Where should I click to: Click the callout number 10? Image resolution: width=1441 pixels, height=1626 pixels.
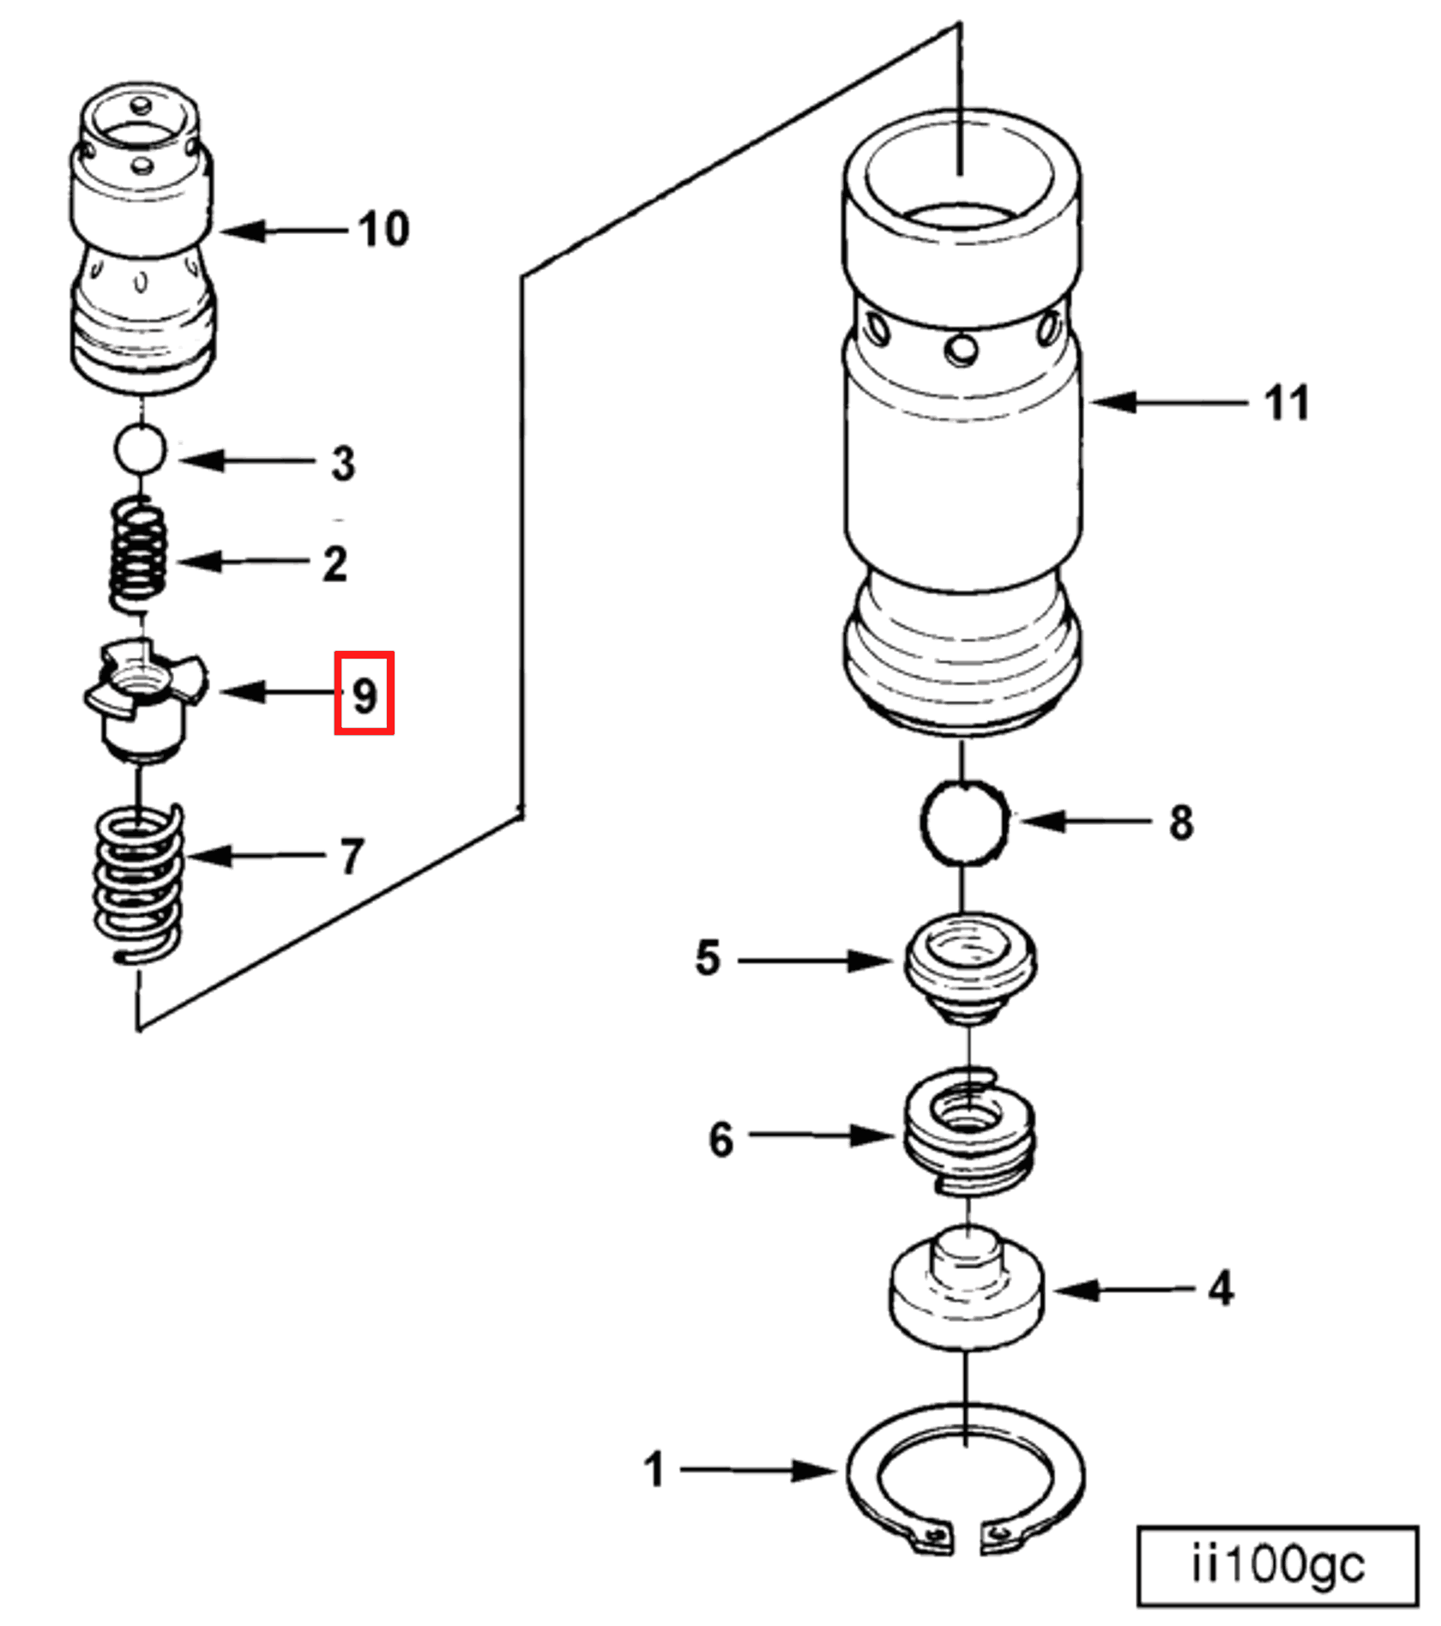pos(383,230)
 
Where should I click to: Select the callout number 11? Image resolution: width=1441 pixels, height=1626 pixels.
pos(1287,403)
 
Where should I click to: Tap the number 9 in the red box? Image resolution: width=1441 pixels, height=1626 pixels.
pos(365,695)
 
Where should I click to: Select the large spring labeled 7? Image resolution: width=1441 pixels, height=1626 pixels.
pos(138,883)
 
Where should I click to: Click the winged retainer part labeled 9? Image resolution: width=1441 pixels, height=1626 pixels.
pos(144,695)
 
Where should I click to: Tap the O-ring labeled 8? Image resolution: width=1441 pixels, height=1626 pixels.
pos(964,822)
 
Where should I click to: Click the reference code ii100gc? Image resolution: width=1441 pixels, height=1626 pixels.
pos(1277,1565)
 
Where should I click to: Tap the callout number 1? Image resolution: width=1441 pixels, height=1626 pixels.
pos(654,1470)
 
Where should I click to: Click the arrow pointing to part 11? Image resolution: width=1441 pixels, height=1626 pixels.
pos(1167,401)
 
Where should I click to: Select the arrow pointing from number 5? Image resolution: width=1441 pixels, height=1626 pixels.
pos(815,961)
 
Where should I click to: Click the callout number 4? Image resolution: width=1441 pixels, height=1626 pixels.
pos(1221,1288)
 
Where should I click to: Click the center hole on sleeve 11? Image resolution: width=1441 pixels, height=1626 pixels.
pos(961,350)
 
